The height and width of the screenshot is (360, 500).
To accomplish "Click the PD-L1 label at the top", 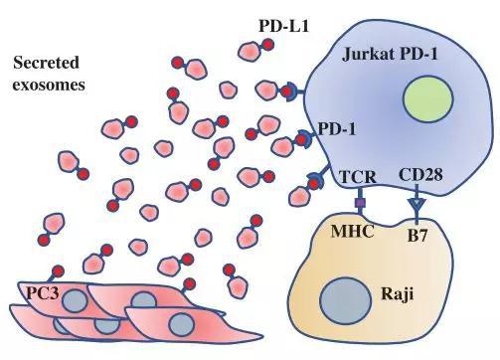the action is click(283, 26).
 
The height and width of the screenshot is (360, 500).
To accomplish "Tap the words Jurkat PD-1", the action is click(390, 54).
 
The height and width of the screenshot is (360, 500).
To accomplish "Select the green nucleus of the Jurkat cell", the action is click(427, 99).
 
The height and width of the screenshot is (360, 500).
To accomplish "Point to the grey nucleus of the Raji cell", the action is click(345, 299).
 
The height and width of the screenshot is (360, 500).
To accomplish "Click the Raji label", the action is click(398, 293).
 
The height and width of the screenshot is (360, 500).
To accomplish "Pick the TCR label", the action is click(358, 177).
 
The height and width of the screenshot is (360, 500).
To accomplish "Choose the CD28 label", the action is click(420, 175).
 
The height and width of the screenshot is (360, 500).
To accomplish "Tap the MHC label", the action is click(353, 231).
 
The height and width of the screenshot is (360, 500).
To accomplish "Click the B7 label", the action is click(417, 236).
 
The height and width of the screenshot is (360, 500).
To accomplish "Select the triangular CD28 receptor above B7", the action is click(417, 204).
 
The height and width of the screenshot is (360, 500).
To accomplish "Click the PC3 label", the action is click(43, 293).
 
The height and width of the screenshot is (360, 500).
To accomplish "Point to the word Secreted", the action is click(46, 63).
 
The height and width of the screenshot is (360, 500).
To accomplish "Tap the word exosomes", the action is click(49, 85).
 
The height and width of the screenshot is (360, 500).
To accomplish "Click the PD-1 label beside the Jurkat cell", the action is click(337, 128).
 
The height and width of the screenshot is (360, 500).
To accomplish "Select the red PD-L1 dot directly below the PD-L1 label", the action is click(267, 45).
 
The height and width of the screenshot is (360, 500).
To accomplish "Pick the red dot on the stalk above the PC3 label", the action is click(59, 271).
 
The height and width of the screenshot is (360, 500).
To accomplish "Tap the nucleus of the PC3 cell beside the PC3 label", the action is click(75, 300).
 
